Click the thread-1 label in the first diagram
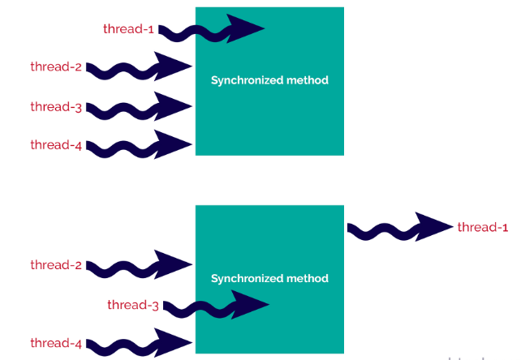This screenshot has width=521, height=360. [128, 29]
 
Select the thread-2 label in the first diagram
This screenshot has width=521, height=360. [56, 67]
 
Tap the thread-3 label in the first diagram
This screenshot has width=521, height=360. [56, 106]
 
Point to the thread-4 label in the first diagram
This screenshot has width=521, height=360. [56, 145]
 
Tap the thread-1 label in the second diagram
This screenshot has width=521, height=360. [482, 227]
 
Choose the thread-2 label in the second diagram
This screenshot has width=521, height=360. [56, 265]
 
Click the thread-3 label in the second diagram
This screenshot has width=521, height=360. [132, 305]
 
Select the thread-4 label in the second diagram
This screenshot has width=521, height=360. [56, 344]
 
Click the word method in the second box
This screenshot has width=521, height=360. [309, 278]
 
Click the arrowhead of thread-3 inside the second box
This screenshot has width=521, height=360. [252, 305]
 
